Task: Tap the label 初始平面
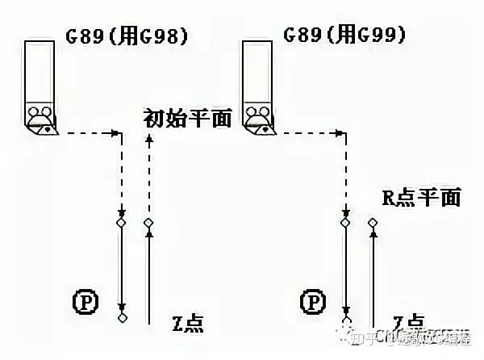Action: [x=187, y=119]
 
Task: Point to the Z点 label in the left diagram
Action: [x=187, y=324]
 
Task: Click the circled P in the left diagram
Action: [x=85, y=303]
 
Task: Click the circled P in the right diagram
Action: [x=312, y=303]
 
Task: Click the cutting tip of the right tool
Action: [x=268, y=128]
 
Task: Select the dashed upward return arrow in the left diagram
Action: [x=148, y=178]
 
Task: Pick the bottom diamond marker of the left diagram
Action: [x=122, y=318]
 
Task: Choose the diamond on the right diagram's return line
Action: [x=372, y=222]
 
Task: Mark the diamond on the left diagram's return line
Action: [x=148, y=222]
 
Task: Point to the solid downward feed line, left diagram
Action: [x=122, y=266]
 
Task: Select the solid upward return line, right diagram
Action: [x=372, y=274]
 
